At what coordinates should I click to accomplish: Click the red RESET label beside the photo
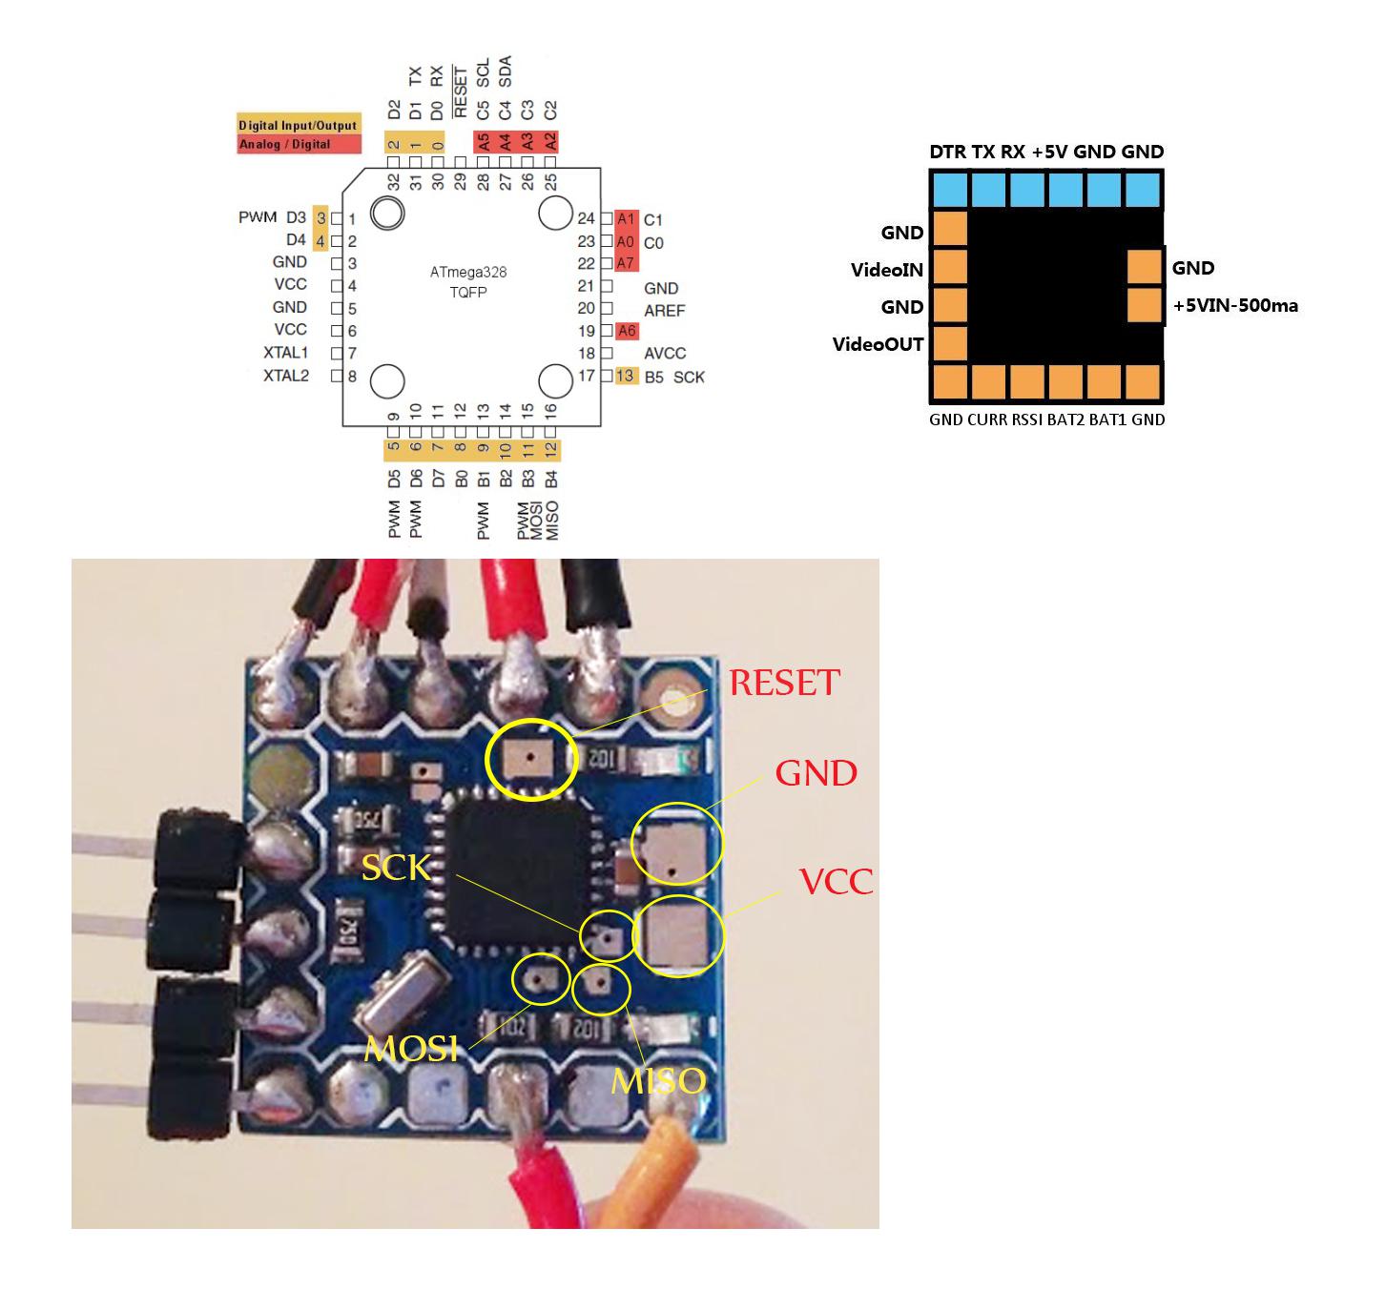coord(784,683)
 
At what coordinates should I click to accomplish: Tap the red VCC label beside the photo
coord(836,881)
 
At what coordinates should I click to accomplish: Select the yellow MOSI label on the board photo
coord(411,1049)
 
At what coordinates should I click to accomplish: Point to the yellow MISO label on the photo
coord(658,1080)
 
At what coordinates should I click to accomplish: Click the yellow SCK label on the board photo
coord(395,868)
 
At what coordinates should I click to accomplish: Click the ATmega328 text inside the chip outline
coord(467,272)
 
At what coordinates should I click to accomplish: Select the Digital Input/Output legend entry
coord(299,125)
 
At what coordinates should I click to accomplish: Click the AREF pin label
coord(664,310)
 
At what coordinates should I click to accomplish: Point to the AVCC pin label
coord(664,353)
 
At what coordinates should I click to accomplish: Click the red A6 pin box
coord(626,331)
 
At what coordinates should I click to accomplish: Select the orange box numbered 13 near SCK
coord(625,376)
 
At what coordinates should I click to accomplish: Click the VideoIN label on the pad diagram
coord(886,270)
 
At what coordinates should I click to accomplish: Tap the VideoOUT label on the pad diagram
coord(878,344)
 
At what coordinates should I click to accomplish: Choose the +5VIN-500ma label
coord(1235,306)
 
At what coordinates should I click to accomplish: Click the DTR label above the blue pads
coord(947,152)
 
